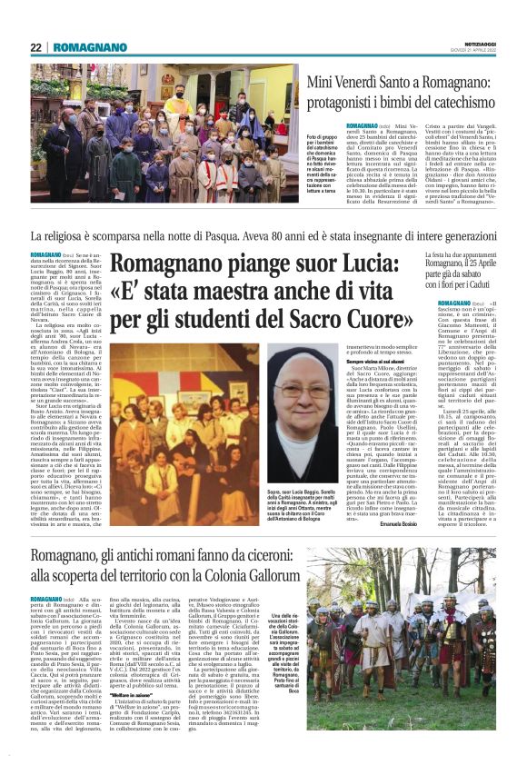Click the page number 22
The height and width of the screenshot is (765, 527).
tap(35, 48)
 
